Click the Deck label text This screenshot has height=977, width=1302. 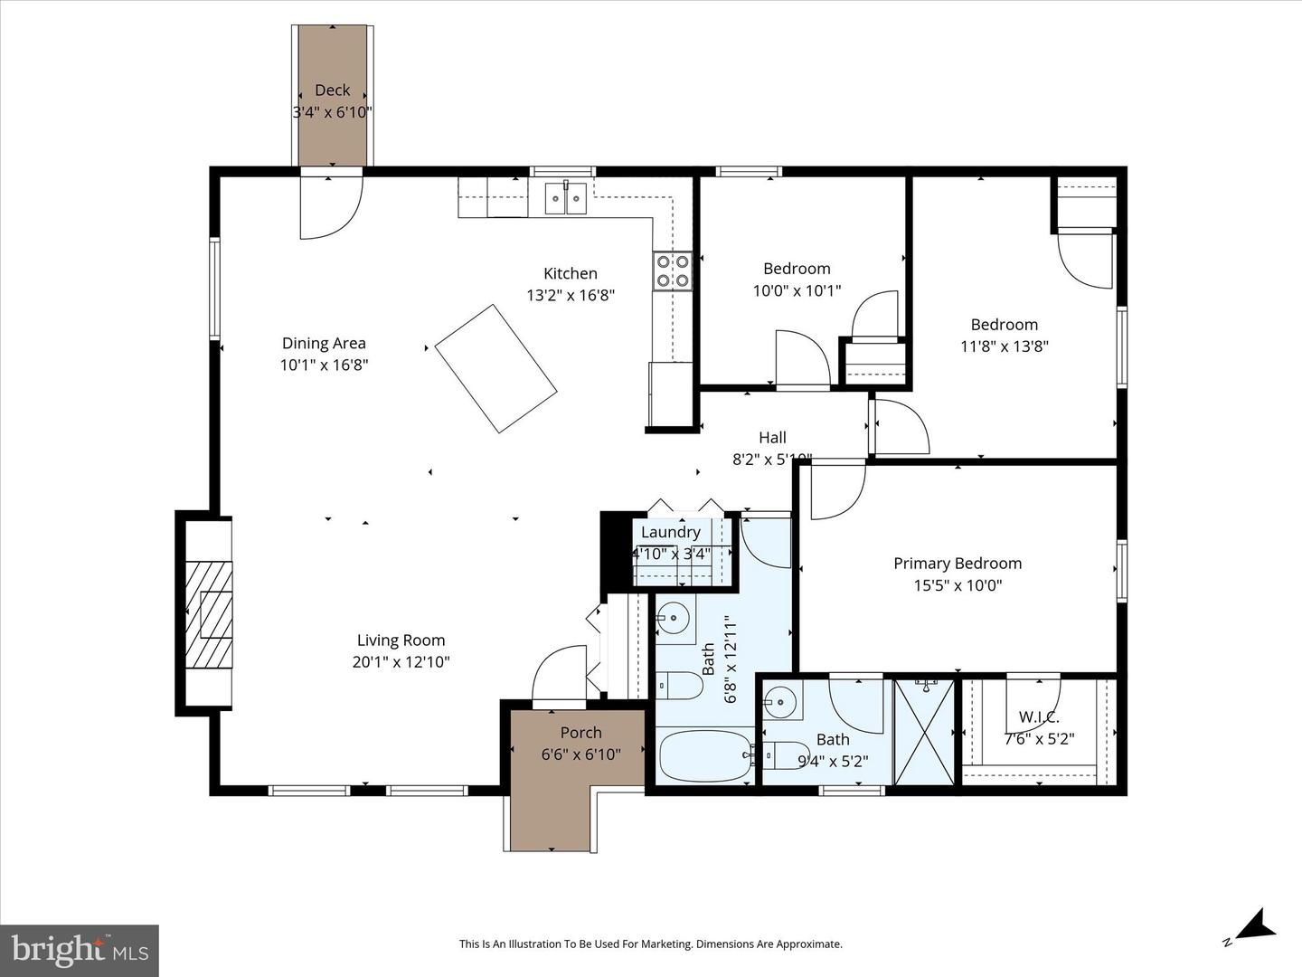point(332,90)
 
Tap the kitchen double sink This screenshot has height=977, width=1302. point(566,198)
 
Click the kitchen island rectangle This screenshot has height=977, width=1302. point(495,368)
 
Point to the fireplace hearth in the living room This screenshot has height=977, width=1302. point(208,614)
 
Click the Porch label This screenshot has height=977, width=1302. point(580,733)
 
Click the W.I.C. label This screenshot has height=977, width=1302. point(1039,717)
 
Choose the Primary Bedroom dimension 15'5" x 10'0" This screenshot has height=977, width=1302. point(958,585)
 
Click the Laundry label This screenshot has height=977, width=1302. point(670,532)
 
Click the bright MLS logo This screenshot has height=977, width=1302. point(80,950)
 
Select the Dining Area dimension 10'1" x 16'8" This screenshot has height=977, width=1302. point(324,365)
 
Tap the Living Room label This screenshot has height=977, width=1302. point(401,640)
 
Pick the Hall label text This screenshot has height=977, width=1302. point(772,438)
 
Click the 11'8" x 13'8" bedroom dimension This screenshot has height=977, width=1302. point(1004,346)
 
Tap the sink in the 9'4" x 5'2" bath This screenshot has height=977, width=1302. point(778,700)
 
